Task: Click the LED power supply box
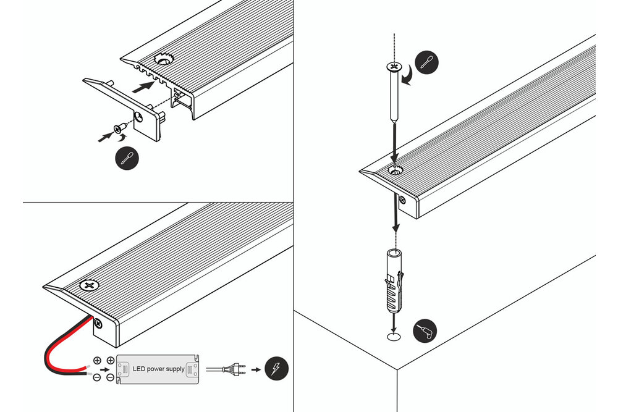tap(158, 369)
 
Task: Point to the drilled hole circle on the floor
tap(393, 337)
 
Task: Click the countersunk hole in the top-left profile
tap(165, 61)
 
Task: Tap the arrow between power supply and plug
tap(213, 369)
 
